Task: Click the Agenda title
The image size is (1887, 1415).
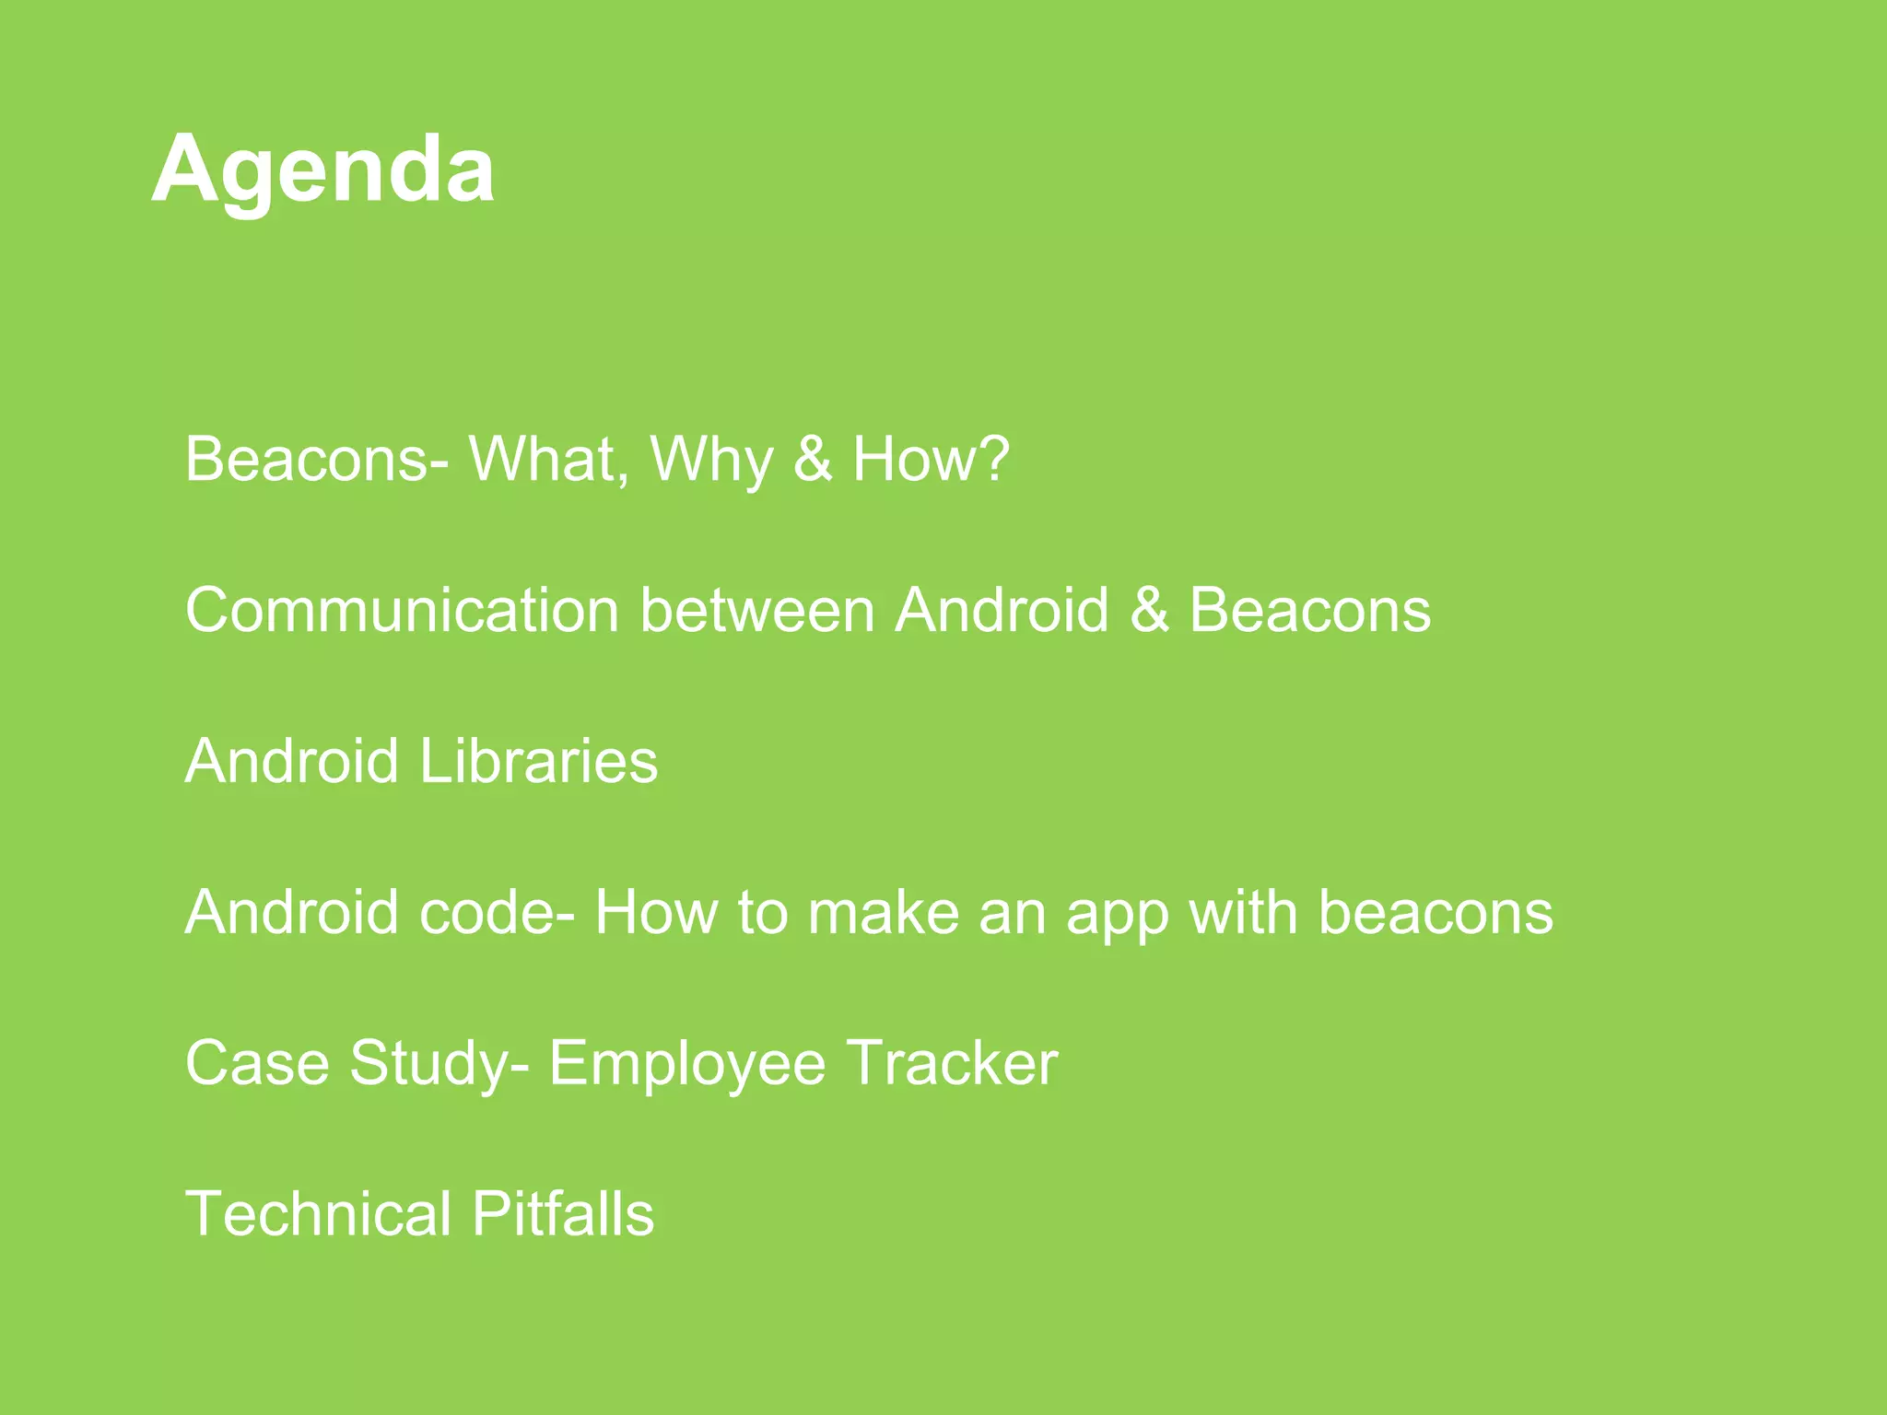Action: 322,170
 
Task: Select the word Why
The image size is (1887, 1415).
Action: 711,460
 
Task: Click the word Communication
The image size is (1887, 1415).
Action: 402,610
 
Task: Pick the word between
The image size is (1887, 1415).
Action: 756,610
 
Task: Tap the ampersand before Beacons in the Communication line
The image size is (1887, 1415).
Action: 1149,610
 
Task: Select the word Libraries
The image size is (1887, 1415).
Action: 538,761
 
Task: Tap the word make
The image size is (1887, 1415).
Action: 884,912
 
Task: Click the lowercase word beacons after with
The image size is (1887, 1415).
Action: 1435,912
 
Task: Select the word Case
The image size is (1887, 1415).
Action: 257,1062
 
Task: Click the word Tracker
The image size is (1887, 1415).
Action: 952,1062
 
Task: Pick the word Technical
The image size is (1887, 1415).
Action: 319,1213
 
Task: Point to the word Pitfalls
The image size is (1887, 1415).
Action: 563,1213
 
